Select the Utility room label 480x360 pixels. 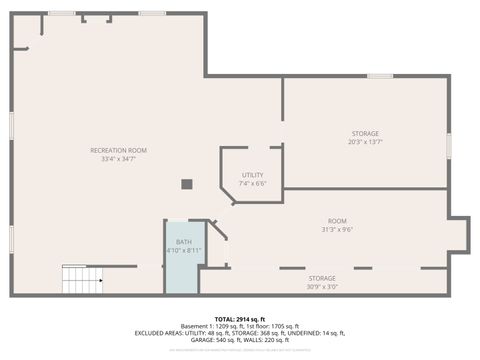click(252, 175)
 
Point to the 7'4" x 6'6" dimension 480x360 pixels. click(252, 184)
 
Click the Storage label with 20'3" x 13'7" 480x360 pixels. click(365, 133)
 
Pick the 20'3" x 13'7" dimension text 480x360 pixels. click(365, 142)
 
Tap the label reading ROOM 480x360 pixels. click(337, 220)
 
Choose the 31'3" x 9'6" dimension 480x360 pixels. click(337, 229)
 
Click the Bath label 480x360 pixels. click(184, 242)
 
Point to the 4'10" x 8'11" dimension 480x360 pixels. click(184, 250)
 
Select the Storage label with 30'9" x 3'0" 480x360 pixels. click(322, 278)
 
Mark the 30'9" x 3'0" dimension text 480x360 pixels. click(322, 287)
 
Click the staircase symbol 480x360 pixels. click(82, 279)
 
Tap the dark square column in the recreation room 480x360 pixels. click(186, 184)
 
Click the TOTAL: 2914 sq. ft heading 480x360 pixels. click(239, 318)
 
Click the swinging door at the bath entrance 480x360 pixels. click(218, 231)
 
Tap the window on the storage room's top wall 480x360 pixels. click(379, 76)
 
